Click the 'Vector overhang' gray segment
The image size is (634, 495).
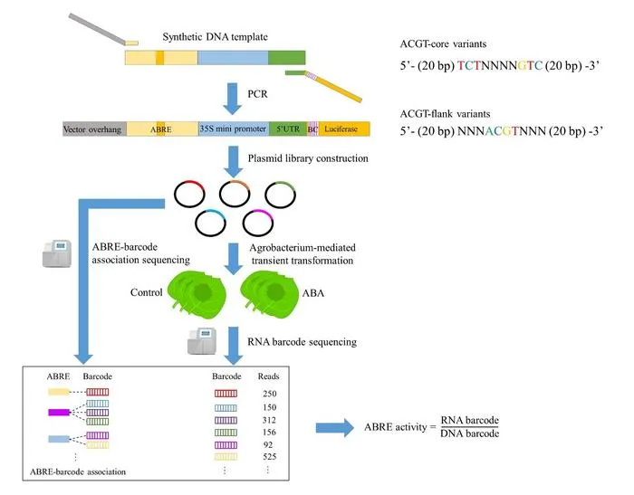point(94,129)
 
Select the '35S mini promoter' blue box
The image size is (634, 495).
point(234,129)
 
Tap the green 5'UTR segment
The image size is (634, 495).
point(288,129)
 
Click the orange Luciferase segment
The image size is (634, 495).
point(344,129)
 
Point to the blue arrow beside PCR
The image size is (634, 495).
point(233,99)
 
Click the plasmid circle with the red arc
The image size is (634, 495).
point(189,195)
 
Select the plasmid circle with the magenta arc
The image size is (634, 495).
point(258,223)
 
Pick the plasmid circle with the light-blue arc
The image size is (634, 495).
point(210,223)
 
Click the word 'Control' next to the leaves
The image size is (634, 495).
point(147,292)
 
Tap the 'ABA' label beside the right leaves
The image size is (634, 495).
point(313,293)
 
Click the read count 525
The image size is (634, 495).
point(270,457)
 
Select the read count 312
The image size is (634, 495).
point(269,420)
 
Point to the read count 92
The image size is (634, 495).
point(268,445)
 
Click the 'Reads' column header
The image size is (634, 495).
point(268,376)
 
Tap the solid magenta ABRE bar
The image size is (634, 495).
point(59,413)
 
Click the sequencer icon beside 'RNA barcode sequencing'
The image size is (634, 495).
point(202,341)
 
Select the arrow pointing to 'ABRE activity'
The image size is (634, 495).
point(335,427)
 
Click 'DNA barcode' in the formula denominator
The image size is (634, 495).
point(470,433)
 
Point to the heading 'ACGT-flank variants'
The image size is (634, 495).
point(446,114)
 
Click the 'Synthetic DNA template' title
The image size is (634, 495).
point(216,37)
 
